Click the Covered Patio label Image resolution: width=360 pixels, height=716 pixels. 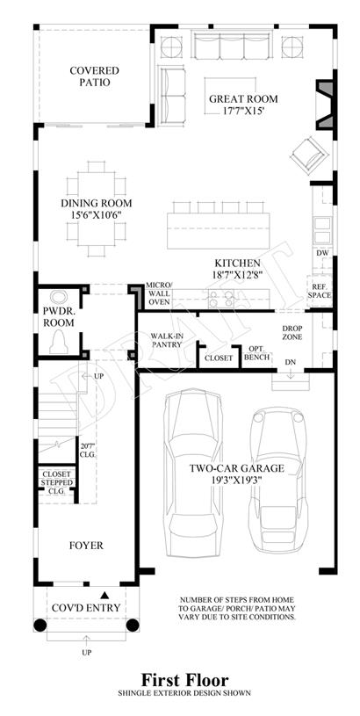point(94,76)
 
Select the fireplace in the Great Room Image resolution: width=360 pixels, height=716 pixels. point(324,105)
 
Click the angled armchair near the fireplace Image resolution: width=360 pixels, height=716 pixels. point(309,155)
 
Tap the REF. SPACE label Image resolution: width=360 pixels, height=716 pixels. point(320,291)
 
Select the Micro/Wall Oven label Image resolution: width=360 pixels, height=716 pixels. point(158,293)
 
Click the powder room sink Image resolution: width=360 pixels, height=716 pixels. point(59,297)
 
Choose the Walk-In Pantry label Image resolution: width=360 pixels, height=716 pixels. point(167,341)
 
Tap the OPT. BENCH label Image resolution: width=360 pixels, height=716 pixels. point(256,353)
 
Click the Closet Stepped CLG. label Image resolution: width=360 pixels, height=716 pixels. point(57,482)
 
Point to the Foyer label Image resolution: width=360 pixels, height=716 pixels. point(86,546)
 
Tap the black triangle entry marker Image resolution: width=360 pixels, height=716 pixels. point(104,595)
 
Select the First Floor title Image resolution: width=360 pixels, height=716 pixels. point(184,680)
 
